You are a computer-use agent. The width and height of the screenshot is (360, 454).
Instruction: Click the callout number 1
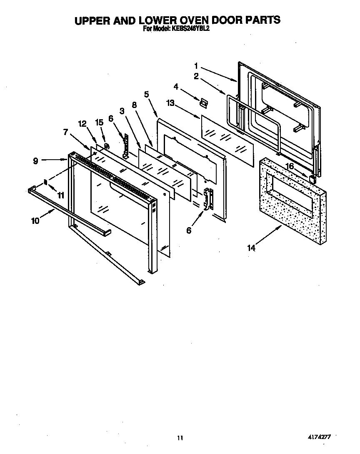(196, 65)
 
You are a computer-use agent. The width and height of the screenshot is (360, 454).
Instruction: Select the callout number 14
(251, 248)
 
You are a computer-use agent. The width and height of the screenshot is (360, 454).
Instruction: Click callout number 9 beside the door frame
(36, 160)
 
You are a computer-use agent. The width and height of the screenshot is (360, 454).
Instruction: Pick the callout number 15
(99, 123)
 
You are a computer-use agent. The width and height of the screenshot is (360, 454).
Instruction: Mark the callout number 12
(82, 123)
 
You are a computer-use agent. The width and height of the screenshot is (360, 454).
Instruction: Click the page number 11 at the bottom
(180, 438)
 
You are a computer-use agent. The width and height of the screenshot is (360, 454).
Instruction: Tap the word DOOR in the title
(223, 20)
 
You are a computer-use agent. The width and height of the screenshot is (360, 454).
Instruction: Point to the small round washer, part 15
(107, 146)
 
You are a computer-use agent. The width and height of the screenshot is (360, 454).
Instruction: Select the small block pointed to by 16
(312, 179)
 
